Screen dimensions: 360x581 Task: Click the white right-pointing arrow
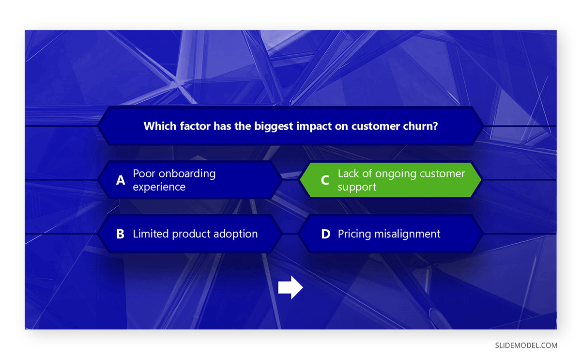tap(290, 288)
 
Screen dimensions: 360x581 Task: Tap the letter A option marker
tap(121, 180)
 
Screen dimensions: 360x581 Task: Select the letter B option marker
tap(121, 234)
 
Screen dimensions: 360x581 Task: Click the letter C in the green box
tap(325, 180)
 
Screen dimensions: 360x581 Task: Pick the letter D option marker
tap(326, 234)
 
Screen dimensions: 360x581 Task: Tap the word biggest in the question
tap(275, 126)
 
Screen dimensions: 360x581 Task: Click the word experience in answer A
tap(159, 187)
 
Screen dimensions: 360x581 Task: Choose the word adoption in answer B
tap(236, 234)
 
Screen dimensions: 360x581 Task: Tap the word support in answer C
tap(357, 188)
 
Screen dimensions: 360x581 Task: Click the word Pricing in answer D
tap(355, 234)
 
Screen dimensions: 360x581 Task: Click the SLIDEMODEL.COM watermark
tap(526, 345)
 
